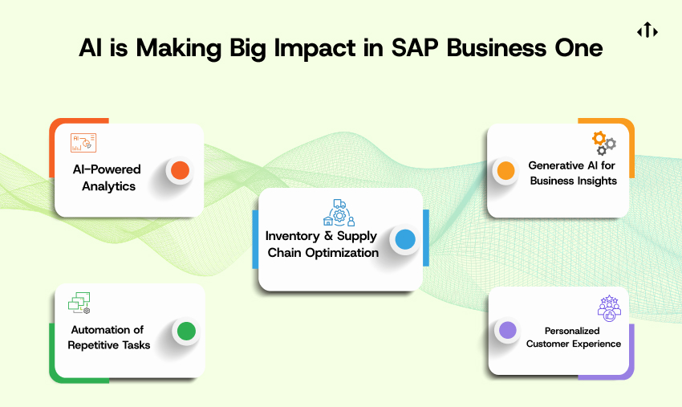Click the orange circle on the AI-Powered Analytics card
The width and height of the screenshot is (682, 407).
pos(180,170)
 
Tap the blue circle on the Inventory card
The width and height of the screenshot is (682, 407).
pos(405,239)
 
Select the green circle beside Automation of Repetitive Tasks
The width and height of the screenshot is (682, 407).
pos(187,331)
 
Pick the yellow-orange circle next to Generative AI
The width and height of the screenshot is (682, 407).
pos(505,170)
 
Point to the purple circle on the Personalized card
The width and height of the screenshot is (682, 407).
pos(508,330)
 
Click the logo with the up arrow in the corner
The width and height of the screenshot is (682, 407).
pos(647,30)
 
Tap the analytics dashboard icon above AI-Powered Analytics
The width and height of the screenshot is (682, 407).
pos(83,143)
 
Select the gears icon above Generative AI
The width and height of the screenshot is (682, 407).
pos(604,143)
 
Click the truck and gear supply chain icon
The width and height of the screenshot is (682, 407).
pos(339,213)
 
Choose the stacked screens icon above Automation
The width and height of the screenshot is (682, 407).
pos(79,303)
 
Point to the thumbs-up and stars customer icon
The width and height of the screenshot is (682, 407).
pos(609,308)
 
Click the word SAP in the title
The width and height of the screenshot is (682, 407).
pos(415,47)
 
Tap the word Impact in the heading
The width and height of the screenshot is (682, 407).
pos(315,48)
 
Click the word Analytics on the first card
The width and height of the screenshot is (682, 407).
pos(109,186)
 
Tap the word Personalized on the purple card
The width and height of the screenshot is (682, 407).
pos(572,331)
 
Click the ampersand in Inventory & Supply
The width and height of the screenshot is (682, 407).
pos(328,235)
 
